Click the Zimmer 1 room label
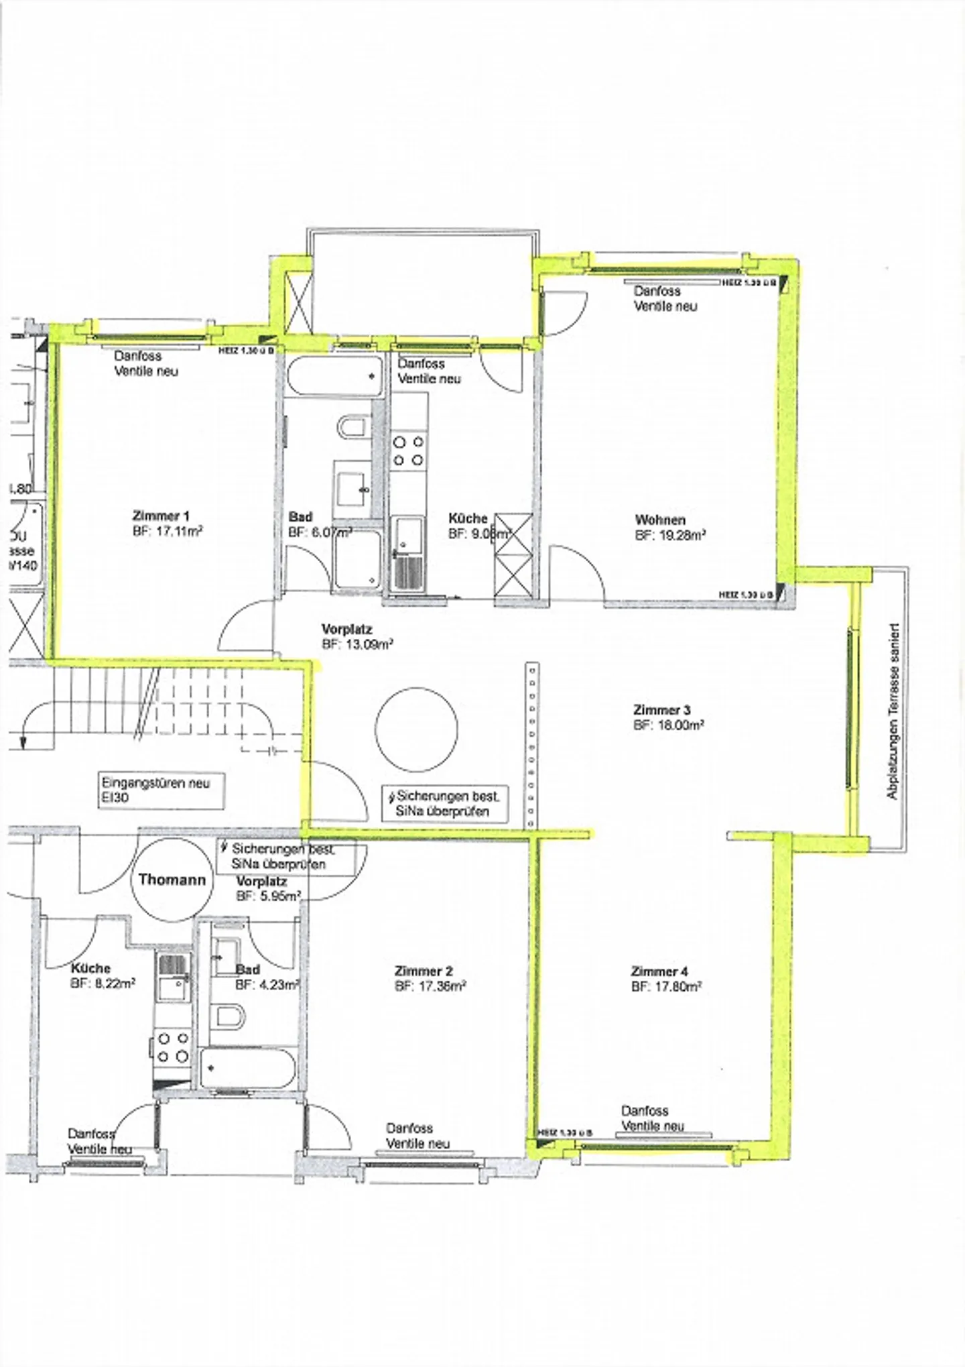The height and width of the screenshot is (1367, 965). coord(161,516)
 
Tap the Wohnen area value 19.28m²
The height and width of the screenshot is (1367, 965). coord(669,535)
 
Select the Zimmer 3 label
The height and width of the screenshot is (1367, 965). coord(662,709)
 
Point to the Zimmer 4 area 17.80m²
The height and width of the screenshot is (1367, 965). coord(666,986)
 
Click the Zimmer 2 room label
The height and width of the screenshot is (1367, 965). coord(424,971)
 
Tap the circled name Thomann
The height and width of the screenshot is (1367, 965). coord(172,880)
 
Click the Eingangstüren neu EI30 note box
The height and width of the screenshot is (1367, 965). coord(161,790)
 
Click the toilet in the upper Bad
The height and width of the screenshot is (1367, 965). coord(353,426)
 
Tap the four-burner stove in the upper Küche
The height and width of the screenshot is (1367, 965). coord(409,451)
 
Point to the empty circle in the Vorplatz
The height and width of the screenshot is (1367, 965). coord(416,729)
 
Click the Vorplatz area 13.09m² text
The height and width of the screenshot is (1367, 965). coord(357,644)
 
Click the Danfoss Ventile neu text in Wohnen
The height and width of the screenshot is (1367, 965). coord(665,298)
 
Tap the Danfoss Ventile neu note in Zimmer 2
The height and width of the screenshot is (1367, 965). coord(418,1136)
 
